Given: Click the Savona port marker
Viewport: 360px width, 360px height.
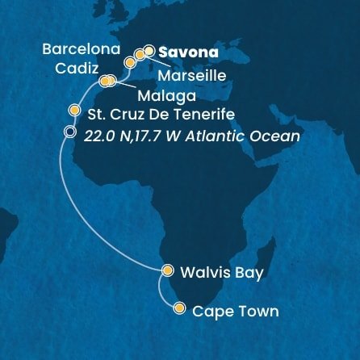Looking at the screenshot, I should (149, 51).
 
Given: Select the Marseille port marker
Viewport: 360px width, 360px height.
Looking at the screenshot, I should (140, 55).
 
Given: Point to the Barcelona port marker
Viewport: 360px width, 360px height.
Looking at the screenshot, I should (129, 62).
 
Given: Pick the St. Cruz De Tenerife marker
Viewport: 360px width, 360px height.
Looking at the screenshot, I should (74, 111).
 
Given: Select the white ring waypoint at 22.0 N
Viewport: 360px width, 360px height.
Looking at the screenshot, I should (70, 132).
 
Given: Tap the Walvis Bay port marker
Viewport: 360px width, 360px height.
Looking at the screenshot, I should (167, 271).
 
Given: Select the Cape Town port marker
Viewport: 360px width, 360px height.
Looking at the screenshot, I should (179, 308).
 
